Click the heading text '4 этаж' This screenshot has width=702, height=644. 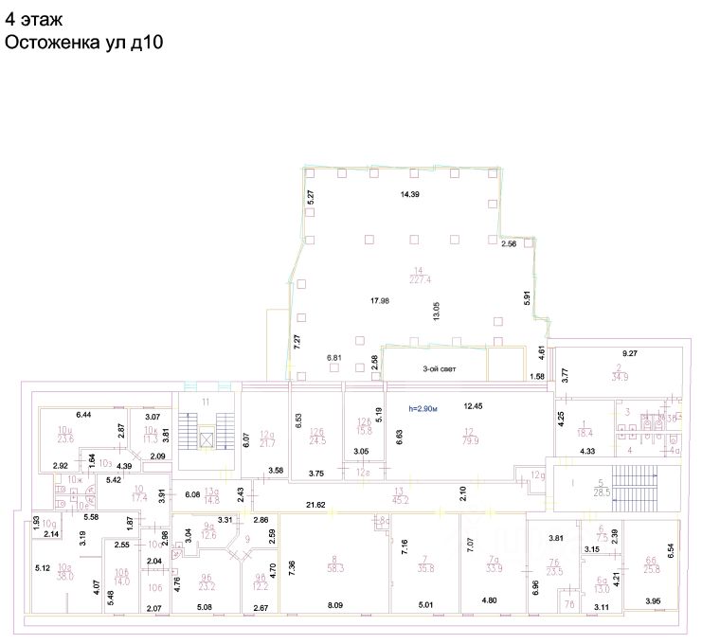[35, 19]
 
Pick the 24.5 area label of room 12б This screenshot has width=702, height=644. [315, 440]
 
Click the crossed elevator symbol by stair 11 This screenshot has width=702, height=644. [207, 438]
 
